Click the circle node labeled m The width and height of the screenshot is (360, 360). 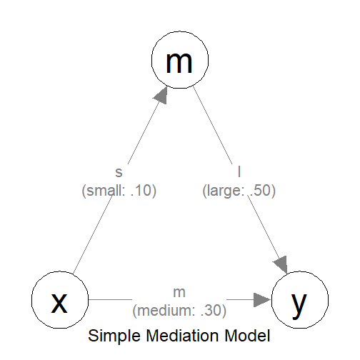click(180, 61)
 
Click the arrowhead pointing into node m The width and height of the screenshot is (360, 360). click(161, 96)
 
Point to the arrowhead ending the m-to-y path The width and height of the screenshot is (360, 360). click(281, 263)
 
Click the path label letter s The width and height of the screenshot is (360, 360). click(119, 173)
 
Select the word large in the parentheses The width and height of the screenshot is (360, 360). click(224, 191)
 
